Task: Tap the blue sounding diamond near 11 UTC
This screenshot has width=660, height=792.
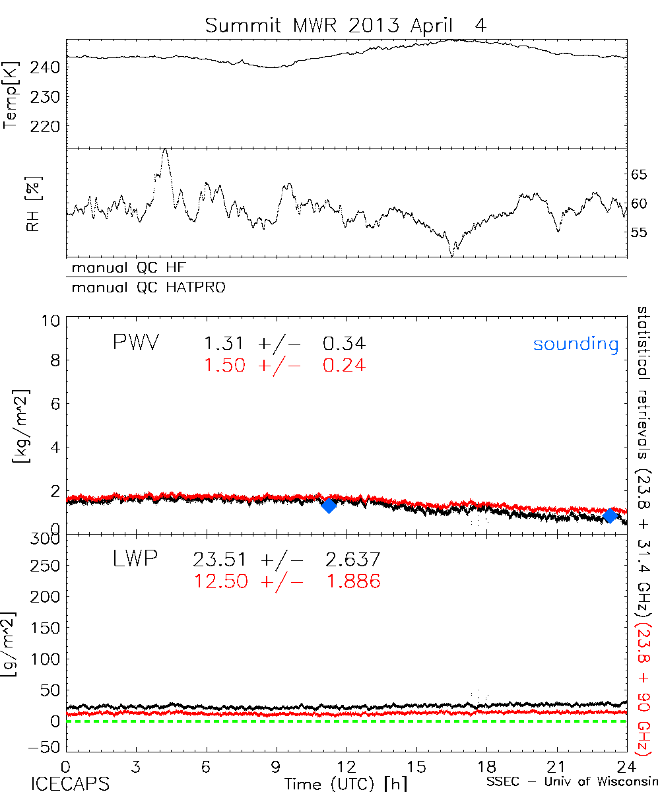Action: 329,506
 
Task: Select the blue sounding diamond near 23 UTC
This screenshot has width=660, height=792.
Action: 610,515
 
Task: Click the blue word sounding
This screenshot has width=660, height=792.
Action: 576,344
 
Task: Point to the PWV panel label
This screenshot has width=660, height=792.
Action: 138,343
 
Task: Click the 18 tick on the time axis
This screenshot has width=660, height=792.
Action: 486,767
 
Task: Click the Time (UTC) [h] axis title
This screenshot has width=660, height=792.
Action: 337,783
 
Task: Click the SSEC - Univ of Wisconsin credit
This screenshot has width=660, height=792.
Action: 572,783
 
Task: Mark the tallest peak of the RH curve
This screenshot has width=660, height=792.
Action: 164,150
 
